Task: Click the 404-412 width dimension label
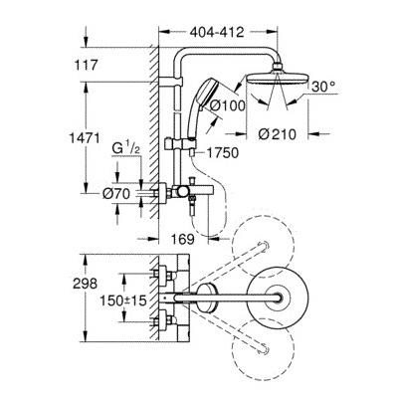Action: [x=217, y=32]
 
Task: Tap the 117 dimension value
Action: [x=86, y=65]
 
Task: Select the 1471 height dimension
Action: [x=85, y=137]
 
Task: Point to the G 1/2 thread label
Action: [x=125, y=149]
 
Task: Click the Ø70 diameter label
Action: [x=116, y=194]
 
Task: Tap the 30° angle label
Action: [x=323, y=87]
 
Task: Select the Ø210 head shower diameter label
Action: [x=277, y=134]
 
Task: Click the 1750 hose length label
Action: [x=223, y=153]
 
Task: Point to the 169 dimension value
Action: [x=183, y=239]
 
